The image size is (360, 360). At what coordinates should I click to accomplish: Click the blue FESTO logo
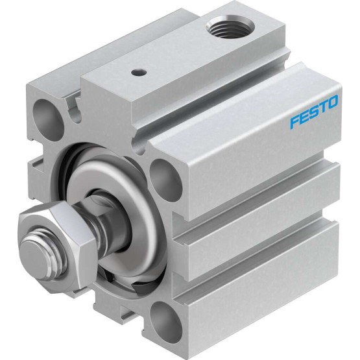coord(314,112)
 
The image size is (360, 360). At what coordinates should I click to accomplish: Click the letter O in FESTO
coord(332,102)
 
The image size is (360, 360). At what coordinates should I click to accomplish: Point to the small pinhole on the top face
coord(139,73)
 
